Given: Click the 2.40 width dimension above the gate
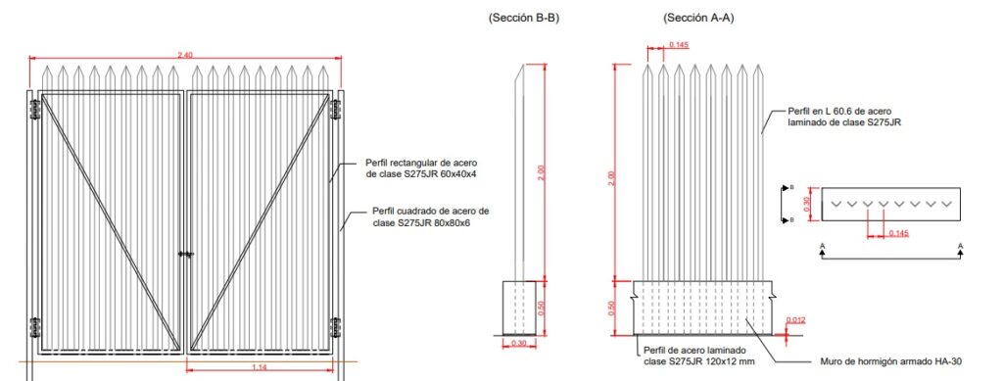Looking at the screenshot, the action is pos(185,55).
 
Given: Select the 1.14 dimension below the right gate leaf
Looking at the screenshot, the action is pos(259,367).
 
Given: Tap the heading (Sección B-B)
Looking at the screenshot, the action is pos(523,19).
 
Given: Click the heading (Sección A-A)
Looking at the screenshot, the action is pos(698,19).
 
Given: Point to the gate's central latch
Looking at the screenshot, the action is pos(185,255).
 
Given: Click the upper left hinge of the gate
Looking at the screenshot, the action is pos(34,109).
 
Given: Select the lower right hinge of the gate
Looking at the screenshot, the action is pos(335,327).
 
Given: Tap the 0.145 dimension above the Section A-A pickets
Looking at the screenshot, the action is pos(679,45).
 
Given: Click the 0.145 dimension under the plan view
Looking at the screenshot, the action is pos(899,233).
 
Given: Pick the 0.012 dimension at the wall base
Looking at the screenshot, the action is pos(795,319).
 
